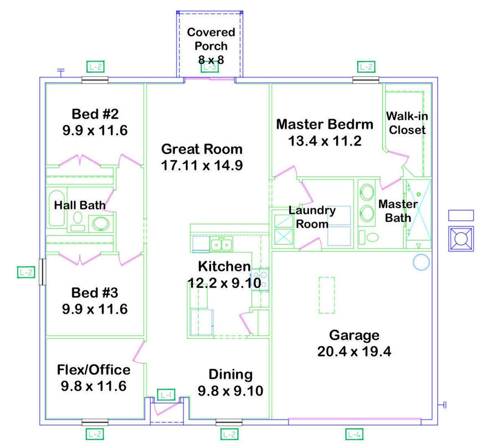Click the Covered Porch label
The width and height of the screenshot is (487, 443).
click(x=211, y=39)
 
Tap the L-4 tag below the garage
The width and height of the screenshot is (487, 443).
click(x=354, y=434)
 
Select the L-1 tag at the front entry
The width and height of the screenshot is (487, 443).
click(x=166, y=395)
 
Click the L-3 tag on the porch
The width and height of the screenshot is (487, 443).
click(x=209, y=66)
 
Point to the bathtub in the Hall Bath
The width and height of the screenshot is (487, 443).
click(x=56, y=208)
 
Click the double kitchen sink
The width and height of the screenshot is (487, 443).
click(x=221, y=245)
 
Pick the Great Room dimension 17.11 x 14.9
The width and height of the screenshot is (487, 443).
click(x=202, y=166)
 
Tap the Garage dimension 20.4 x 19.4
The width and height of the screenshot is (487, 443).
click(x=354, y=352)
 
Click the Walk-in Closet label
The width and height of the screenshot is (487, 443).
click(x=407, y=123)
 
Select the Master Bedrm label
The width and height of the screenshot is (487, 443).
click(x=325, y=124)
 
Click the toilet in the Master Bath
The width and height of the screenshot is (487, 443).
click(x=369, y=238)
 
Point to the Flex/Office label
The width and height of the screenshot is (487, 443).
click(x=94, y=370)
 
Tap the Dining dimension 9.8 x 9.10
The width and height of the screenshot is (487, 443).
click(x=230, y=390)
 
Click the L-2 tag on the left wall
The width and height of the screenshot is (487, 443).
click(x=26, y=272)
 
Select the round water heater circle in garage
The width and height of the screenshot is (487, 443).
click(x=421, y=262)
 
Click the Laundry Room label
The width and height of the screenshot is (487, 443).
click(x=312, y=217)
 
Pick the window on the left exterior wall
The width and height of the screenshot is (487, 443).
click(x=42, y=272)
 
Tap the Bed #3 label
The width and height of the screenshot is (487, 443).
click(x=95, y=293)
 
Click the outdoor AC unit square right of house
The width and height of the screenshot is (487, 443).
click(x=461, y=239)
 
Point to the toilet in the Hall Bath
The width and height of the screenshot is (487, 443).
click(x=78, y=221)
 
